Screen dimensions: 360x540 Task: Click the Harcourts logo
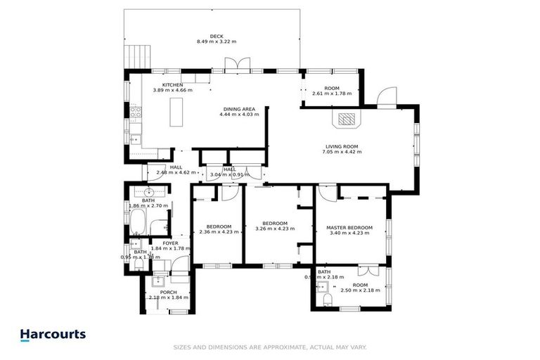(x=53, y=335)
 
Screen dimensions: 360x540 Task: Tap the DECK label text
(x=207, y=37)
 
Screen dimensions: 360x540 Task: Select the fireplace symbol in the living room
(x=347, y=119)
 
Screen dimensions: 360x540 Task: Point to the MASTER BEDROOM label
(x=349, y=228)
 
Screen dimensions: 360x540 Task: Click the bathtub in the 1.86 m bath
(x=138, y=225)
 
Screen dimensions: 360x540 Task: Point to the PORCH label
(x=168, y=292)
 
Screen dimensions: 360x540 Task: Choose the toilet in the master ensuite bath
(x=325, y=300)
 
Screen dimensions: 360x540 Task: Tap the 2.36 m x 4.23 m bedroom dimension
(x=220, y=231)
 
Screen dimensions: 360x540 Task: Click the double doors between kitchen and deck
(x=237, y=64)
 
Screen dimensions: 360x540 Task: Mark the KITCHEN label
(x=173, y=85)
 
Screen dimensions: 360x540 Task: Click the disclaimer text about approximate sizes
(x=270, y=347)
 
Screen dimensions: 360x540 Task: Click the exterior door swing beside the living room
(x=387, y=97)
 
